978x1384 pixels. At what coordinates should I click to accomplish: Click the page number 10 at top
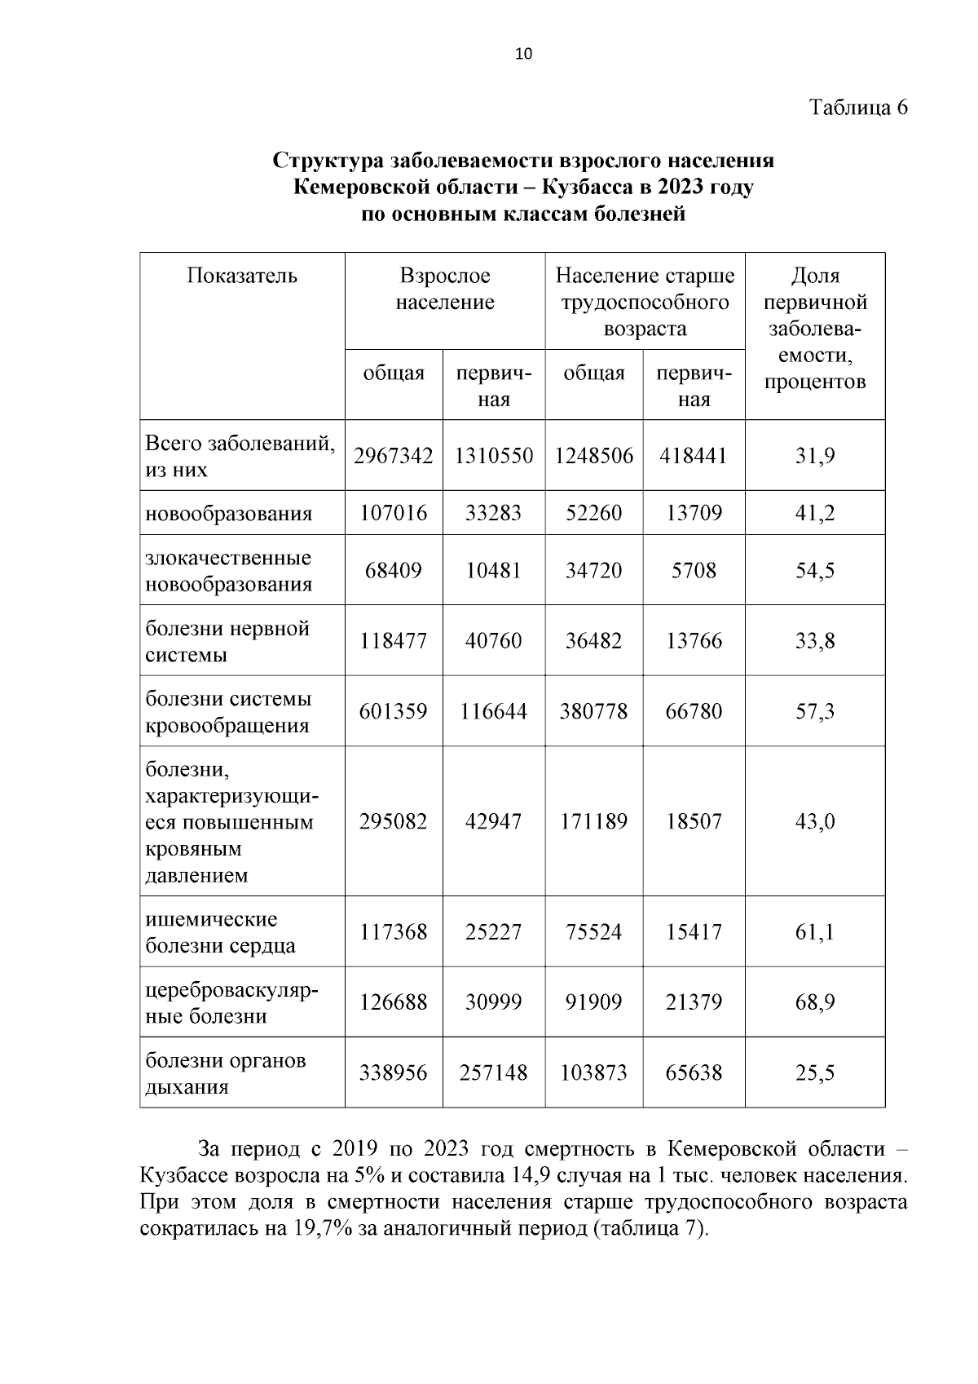coord(523,55)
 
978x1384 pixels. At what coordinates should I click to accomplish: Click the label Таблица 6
coord(857,108)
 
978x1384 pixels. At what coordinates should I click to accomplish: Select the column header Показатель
coord(242,276)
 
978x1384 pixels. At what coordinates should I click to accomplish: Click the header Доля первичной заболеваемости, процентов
coord(814,329)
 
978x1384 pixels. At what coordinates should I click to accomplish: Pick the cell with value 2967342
coord(394,455)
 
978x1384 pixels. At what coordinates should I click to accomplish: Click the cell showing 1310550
coord(493,455)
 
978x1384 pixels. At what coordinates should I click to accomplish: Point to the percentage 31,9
coord(814,455)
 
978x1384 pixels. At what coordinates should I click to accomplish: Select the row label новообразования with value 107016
coord(229,514)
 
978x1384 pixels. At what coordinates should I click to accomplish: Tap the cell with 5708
coord(694,570)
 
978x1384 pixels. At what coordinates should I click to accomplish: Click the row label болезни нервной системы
coord(227,641)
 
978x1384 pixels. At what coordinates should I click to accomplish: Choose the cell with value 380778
coord(593,711)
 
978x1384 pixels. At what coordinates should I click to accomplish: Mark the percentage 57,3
coord(814,711)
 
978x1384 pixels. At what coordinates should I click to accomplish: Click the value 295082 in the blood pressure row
coord(394,821)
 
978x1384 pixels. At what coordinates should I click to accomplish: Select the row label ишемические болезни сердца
coord(221,932)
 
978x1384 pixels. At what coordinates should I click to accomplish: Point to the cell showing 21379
coord(694,1002)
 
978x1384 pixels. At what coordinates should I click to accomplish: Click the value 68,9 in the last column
coord(814,1002)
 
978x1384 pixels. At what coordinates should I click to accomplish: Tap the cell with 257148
coord(493,1072)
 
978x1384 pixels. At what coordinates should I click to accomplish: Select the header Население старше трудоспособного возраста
coord(645,303)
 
